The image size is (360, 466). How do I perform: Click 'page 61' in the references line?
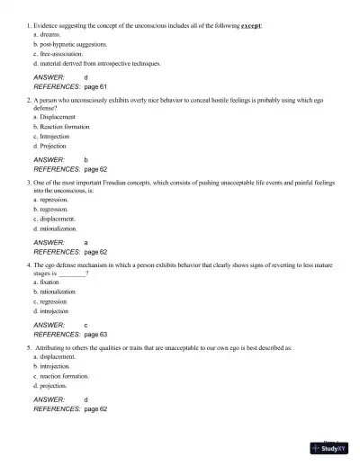coord(95,88)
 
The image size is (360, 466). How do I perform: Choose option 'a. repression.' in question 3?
coord(53,209)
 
